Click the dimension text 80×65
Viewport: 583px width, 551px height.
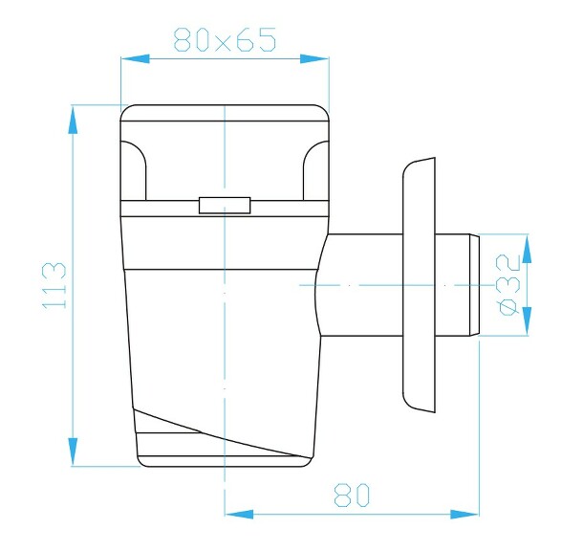click(x=225, y=40)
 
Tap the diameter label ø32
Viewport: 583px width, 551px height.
click(x=509, y=284)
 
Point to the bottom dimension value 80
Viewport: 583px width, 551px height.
click(x=352, y=495)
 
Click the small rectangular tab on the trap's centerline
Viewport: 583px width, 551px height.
click(x=224, y=205)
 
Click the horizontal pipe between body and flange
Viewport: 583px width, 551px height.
click(x=363, y=285)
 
